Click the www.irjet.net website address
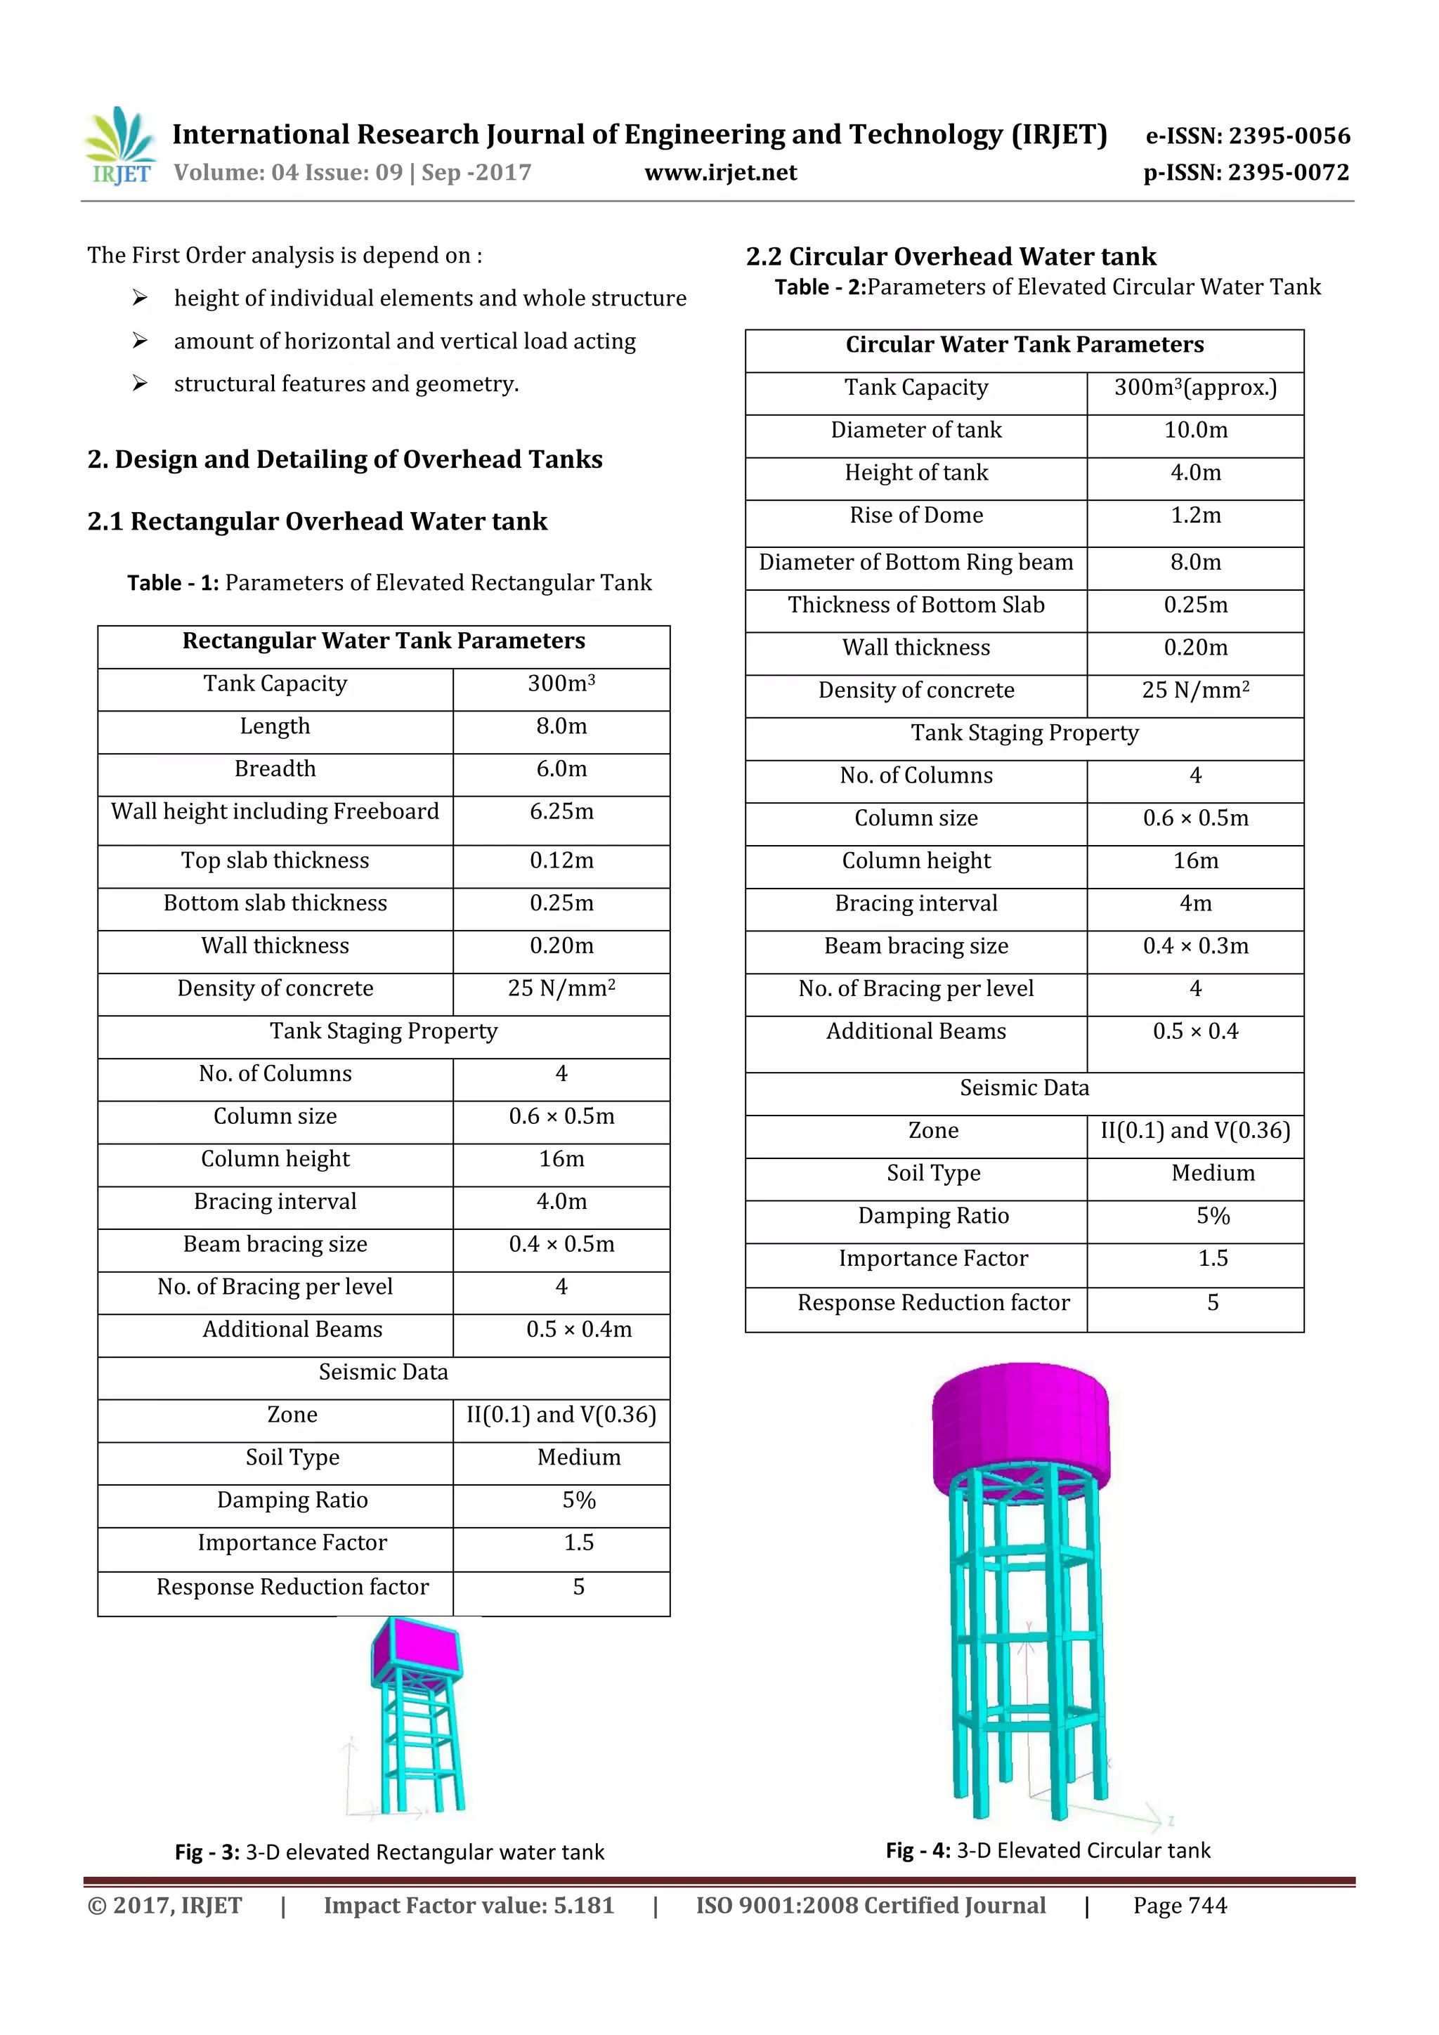720,173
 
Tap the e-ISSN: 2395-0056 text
1247,136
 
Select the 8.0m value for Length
561,727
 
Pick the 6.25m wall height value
561,812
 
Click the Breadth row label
275,769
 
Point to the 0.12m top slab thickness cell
561,861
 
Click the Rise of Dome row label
916,516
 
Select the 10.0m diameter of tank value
1195,431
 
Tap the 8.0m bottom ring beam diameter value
1195,563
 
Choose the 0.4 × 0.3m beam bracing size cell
1195,947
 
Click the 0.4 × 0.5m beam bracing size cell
561,1245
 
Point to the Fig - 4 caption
1047,1851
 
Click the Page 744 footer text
1179,1906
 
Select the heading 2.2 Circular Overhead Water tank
951,257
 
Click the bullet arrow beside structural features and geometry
140,384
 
